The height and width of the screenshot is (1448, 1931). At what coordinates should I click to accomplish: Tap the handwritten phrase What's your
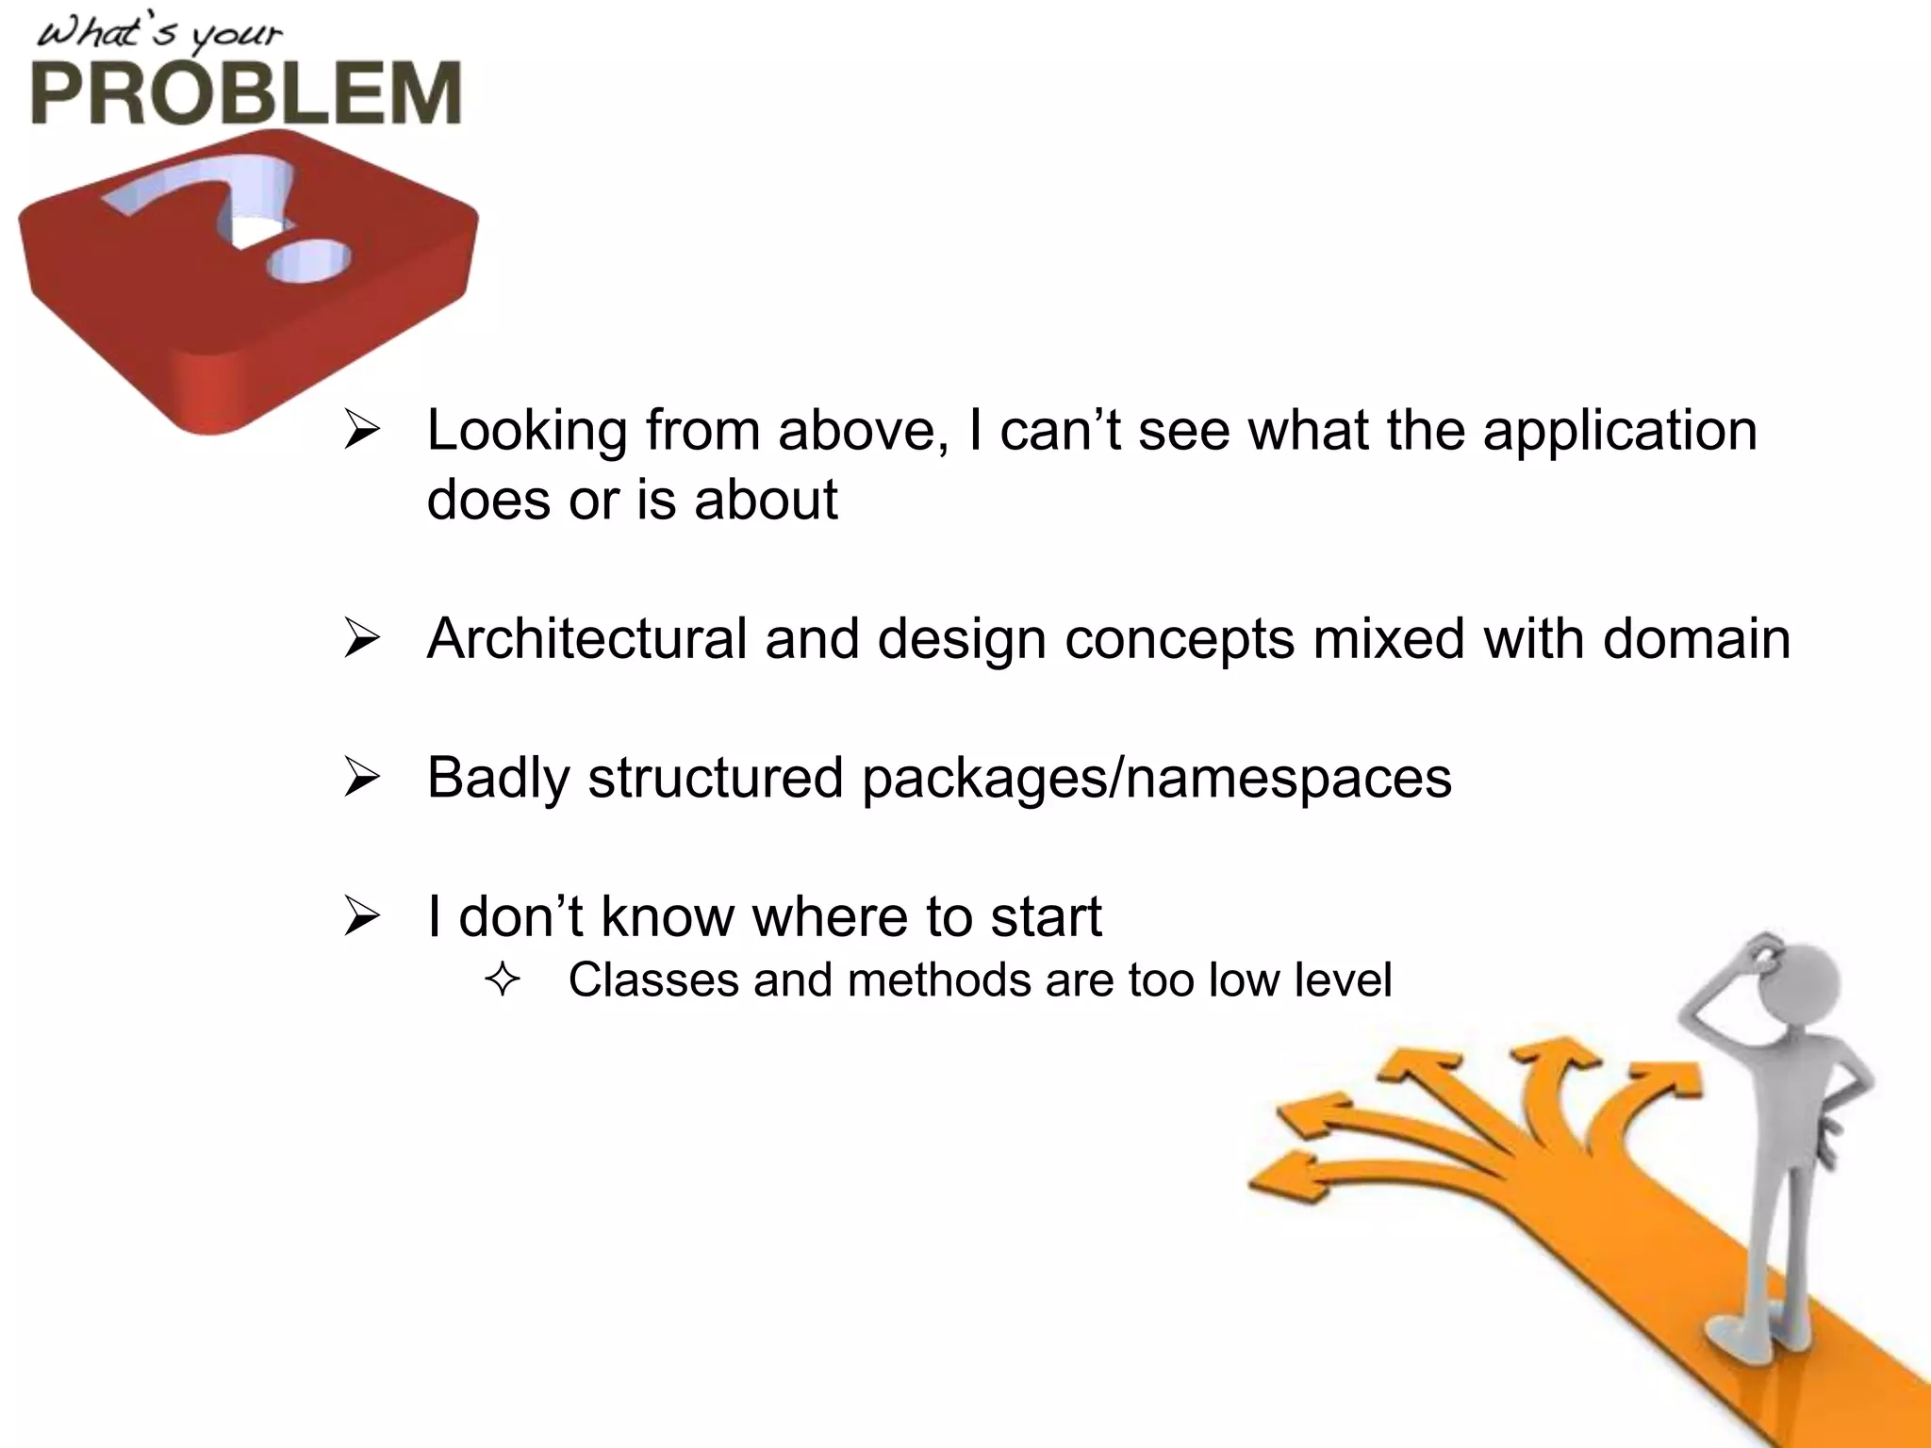coord(158,35)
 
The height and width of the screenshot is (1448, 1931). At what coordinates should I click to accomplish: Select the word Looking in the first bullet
coord(527,432)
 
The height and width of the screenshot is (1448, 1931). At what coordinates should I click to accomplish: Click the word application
coord(1620,432)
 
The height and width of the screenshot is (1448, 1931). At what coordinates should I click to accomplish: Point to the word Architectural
coord(586,639)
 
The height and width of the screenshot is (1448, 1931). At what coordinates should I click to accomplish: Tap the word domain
coord(1696,639)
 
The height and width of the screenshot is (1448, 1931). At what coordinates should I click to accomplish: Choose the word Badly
coord(499,779)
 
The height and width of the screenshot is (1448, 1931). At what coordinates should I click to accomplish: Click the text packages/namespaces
coord(1156,779)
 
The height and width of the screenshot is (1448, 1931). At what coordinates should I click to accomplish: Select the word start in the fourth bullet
coord(1046,916)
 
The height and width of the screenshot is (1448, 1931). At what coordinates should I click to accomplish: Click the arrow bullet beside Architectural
coord(362,638)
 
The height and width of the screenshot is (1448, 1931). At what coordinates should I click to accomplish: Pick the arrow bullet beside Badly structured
coord(362,778)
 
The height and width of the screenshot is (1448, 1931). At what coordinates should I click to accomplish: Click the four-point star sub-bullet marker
coord(503,980)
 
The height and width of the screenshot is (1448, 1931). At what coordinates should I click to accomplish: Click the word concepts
coord(1180,639)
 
